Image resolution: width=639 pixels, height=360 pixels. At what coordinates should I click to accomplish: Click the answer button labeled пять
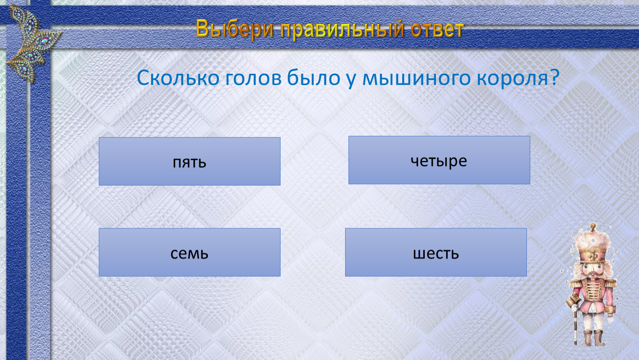[189, 161]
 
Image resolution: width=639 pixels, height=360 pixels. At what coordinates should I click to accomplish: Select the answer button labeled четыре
[439, 160]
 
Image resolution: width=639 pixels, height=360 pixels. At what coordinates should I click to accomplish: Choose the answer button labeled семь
[189, 252]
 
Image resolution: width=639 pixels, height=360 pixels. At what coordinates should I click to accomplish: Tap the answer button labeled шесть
[436, 252]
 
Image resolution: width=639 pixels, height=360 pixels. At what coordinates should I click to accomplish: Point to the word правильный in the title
[342, 30]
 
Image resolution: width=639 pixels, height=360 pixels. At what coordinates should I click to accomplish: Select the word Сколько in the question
[178, 78]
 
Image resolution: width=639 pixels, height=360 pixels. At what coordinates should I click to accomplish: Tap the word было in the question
[313, 77]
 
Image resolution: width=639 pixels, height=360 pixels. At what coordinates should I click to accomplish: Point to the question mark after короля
[554, 77]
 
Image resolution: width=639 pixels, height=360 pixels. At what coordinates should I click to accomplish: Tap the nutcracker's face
[594, 270]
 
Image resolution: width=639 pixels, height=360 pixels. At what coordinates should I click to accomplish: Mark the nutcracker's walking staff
[575, 320]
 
